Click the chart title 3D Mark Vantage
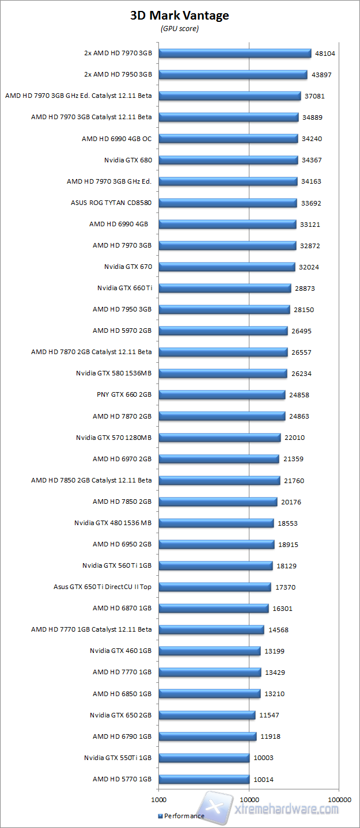179,16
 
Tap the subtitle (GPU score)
179,29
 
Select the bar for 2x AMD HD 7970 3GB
234,54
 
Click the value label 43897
322,75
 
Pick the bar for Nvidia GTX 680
228,160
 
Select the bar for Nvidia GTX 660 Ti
225,288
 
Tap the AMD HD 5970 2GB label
122,331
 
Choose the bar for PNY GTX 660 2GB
222,394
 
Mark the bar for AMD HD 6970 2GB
219,459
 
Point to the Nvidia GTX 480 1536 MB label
113,523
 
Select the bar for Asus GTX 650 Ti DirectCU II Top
214,587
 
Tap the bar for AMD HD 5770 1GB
204,779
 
